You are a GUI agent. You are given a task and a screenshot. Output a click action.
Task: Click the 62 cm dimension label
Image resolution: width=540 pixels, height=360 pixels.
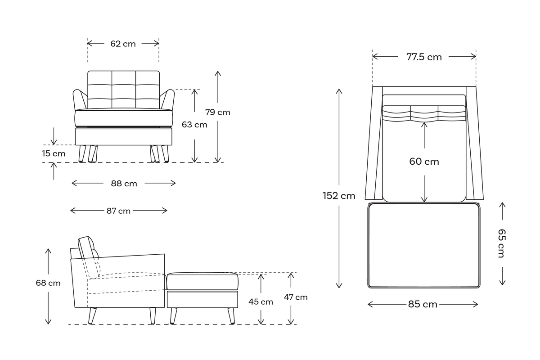pyautogui.click(x=123, y=44)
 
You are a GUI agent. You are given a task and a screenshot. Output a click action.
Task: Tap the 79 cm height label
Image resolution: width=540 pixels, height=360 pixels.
pyautogui.click(x=217, y=112)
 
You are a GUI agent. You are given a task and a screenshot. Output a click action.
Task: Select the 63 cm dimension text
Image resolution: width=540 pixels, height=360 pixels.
pyautogui.click(x=194, y=125)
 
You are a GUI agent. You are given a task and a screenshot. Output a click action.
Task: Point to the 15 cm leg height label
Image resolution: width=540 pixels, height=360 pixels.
pyautogui.click(x=54, y=153)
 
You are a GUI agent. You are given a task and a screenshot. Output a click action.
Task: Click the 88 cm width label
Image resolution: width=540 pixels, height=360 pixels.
pyautogui.click(x=124, y=183)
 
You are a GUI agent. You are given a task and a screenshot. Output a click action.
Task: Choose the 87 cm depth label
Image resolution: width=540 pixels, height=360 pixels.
pyautogui.click(x=118, y=211)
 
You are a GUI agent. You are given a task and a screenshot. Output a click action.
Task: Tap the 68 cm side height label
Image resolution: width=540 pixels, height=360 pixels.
pyautogui.click(x=48, y=283)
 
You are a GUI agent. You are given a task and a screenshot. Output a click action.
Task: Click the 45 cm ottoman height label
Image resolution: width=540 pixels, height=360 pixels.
pyautogui.click(x=261, y=301)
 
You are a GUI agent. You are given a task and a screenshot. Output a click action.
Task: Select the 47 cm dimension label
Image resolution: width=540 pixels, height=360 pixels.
pyautogui.click(x=296, y=297)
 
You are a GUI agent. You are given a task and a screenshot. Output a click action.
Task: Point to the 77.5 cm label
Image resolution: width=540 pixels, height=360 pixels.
pyautogui.click(x=424, y=57)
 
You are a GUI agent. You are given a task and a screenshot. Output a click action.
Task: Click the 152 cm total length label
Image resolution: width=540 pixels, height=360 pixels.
pyautogui.click(x=339, y=196)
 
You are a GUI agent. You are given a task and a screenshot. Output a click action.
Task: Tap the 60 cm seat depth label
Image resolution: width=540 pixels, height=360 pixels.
pyautogui.click(x=424, y=161)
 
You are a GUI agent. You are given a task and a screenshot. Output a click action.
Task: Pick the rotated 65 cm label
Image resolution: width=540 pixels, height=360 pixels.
pyautogui.click(x=501, y=243)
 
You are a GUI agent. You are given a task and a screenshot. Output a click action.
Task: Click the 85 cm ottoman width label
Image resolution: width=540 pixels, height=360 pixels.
pyautogui.click(x=423, y=304)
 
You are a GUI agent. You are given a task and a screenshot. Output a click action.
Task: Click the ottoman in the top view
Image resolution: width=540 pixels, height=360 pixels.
pyautogui.click(x=423, y=245)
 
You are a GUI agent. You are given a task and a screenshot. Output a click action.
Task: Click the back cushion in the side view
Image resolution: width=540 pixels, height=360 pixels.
pyautogui.click(x=89, y=247)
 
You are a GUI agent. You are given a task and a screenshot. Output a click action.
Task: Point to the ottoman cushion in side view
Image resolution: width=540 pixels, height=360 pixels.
pyautogui.click(x=202, y=281)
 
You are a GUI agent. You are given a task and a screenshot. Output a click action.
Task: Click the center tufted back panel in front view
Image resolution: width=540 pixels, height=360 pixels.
pyautogui.click(x=123, y=90)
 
